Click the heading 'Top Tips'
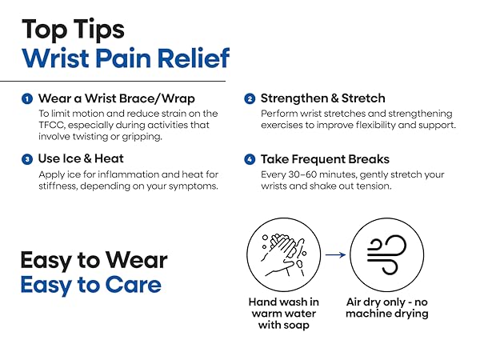(x=73, y=29)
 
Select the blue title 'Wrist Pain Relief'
(x=126, y=58)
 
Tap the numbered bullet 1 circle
(x=26, y=99)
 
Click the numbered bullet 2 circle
(x=250, y=99)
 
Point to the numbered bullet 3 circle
(x=26, y=159)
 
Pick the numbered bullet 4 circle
(x=250, y=159)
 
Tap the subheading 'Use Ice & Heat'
(x=80, y=159)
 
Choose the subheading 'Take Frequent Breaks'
(x=324, y=159)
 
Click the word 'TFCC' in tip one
(x=52, y=126)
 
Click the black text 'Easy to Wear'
(x=93, y=260)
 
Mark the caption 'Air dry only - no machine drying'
(x=386, y=308)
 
